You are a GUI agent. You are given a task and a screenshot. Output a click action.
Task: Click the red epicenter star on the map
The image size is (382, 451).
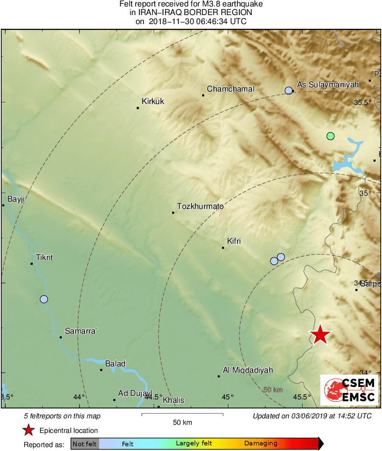tap(320, 335)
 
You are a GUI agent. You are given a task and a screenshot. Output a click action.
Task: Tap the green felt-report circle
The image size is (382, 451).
tap(330, 136)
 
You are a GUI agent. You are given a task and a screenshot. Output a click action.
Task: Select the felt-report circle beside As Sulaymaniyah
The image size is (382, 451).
tap(288, 91)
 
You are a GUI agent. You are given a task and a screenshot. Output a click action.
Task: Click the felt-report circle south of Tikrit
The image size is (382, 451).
tap(44, 299)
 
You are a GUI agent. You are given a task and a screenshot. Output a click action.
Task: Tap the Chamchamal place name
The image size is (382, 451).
tap(230, 89)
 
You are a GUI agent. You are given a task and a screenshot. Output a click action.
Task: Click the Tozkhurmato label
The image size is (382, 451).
tap(200, 206)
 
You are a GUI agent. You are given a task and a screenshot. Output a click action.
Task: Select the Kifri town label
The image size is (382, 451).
tap(233, 241)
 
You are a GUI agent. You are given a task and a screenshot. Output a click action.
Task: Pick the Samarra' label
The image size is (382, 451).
tap(81, 331)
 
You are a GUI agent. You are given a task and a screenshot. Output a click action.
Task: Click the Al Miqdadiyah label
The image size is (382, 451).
tap(248, 370)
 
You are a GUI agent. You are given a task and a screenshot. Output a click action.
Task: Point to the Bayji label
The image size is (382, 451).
tap(16, 199)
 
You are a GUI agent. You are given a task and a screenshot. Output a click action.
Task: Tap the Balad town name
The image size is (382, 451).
tap(115, 364)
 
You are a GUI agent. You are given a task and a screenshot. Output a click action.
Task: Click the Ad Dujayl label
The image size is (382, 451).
tap(135, 393)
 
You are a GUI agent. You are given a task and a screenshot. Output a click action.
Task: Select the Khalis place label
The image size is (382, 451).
tap(173, 400)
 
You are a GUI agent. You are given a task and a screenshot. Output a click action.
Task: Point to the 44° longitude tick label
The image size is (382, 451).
tap(79, 397)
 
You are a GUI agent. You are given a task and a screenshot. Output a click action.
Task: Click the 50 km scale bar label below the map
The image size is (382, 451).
tap(182, 422)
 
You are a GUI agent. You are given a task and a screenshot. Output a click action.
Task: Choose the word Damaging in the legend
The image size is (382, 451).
tap(261, 443)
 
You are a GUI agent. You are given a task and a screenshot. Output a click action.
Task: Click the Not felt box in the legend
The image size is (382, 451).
tap(85, 443)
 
